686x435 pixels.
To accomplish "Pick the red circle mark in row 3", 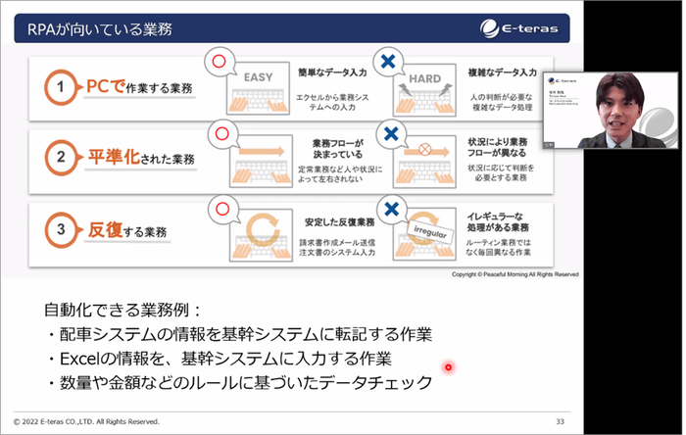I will click(220, 207).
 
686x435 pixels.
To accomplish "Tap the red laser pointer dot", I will click(448, 367).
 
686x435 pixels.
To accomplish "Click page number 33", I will click(560, 421).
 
